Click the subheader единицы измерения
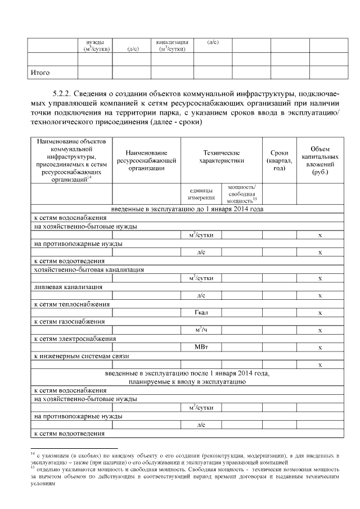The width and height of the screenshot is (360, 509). coord(201,193)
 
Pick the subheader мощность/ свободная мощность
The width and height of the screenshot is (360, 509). coord(242,193)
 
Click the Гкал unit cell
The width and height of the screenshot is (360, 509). coord(201,313)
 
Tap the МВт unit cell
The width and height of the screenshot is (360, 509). coord(201,348)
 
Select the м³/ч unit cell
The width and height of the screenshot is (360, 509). coord(201,330)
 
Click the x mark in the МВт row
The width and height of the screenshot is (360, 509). coord(319,348)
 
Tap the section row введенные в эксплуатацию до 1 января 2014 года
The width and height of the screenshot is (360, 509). coord(187,209)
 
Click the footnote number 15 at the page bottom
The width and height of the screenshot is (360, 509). coord(33,466)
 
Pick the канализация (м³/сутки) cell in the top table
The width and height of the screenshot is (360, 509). coord(172,46)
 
